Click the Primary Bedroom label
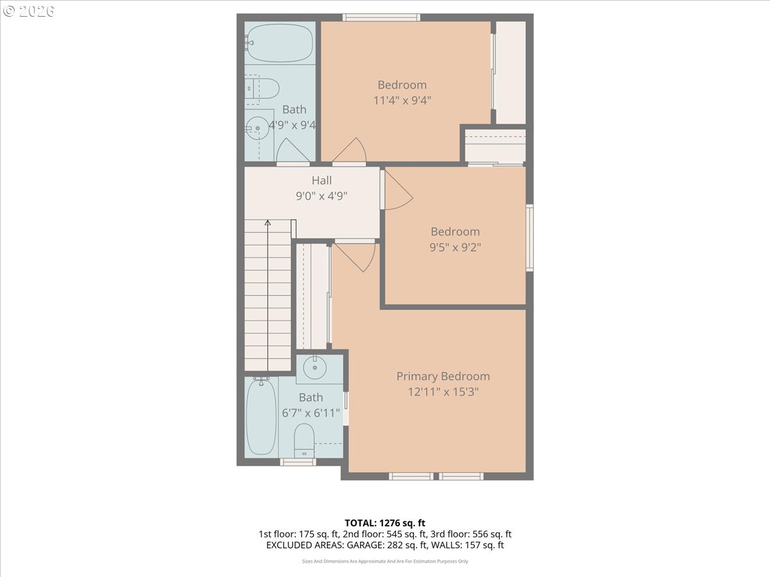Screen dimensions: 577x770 pos(443,376)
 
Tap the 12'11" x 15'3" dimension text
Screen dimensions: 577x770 pos(443,392)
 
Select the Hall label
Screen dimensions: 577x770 pos(321,181)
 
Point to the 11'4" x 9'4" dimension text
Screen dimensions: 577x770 pos(402,101)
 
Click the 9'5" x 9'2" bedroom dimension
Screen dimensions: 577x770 pos(455,247)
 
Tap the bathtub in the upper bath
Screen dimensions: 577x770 pos(280,43)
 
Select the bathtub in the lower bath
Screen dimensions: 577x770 pos(261,417)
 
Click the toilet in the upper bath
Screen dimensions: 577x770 pos(263,88)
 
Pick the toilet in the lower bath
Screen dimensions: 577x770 pos(304,440)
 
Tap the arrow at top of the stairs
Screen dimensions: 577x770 pos(268,223)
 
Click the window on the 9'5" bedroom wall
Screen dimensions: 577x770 pos(529,237)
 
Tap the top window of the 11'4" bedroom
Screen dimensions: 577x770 pos(381,17)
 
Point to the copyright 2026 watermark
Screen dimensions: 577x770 pos(29,11)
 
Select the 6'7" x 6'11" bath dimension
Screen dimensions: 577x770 pos(311,414)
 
